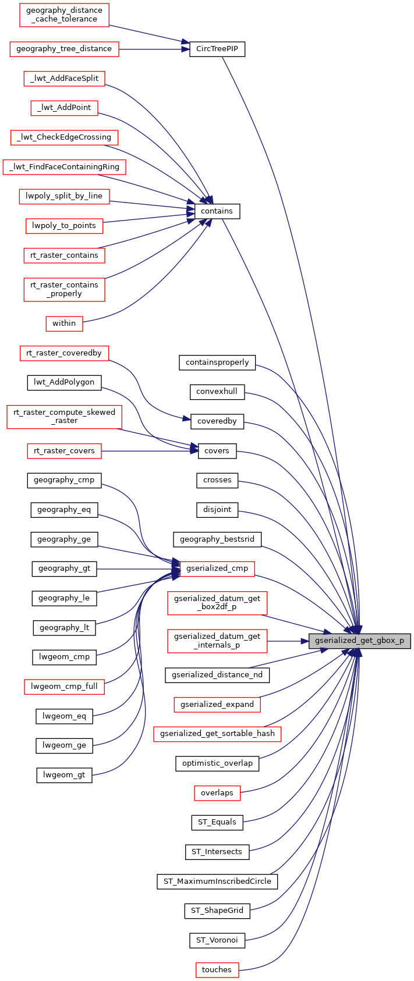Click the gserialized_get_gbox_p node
[x=359, y=641]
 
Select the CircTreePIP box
[x=217, y=49]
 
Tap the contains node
[x=217, y=211]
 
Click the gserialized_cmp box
[x=217, y=568]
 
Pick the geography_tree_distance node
[x=64, y=49]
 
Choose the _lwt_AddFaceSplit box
[x=64, y=79]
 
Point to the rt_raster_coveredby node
[x=64, y=353]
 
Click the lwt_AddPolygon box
[x=64, y=382]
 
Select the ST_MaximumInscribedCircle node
[x=217, y=882]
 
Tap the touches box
[x=217, y=970]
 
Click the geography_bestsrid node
[x=217, y=539]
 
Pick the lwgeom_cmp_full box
[x=64, y=687]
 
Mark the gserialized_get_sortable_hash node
[x=217, y=734]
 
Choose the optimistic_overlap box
[x=217, y=763]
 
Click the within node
[x=64, y=323]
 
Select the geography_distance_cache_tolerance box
[x=64, y=15]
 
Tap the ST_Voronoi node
[x=217, y=940]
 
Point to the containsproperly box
[x=217, y=362]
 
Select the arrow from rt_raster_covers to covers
[x=148, y=451]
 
